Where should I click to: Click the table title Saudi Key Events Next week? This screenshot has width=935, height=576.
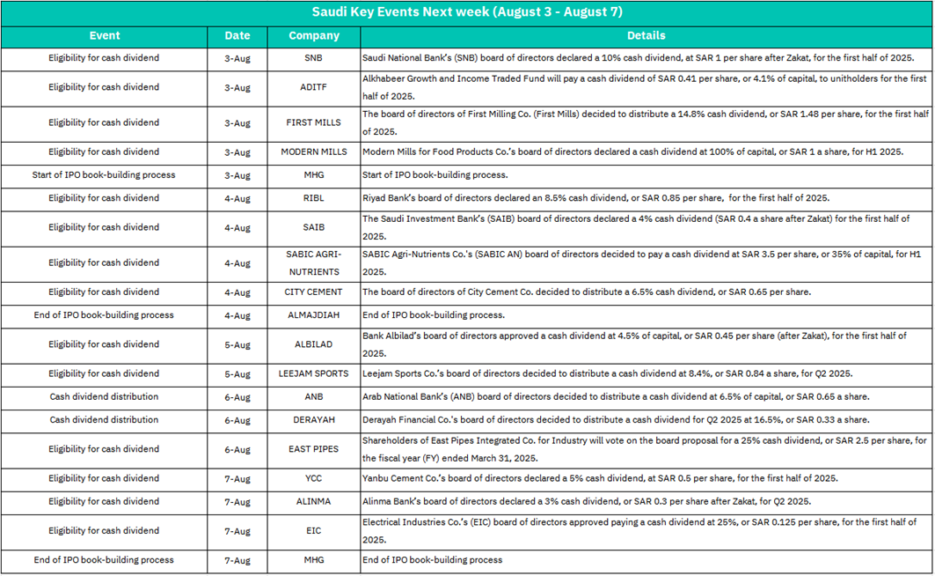pyautogui.click(x=467, y=12)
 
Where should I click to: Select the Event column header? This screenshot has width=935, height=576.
pyautogui.click(x=105, y=36)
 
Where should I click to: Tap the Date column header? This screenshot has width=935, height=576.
pyautogui.click(x=237, y=36)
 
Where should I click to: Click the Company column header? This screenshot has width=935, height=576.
pyautogui.click(x=314, y=36)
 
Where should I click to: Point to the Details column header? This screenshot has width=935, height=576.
pyautogui.click(x=646, y=36)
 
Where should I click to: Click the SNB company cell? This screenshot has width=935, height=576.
pyautogui.click(x=314, y=58)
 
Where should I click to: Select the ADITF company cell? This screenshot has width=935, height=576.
pyautogui.click(x=314, y=87)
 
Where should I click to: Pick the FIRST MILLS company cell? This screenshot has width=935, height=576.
pyautogui.click(x=314, y=122)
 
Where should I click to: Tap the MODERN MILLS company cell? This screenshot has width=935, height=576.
pyautogui.click(x=314, y=151)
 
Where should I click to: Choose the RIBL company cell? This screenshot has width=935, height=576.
pyautogui.click(x=314, y=198)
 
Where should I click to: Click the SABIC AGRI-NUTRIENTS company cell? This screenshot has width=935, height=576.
pyautogui.click(x=314, y=262)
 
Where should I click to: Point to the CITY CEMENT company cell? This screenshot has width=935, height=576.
pyautogui.click(x=314, y=292)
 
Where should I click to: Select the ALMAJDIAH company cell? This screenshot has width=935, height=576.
pyautogui.click(x=314, y=314)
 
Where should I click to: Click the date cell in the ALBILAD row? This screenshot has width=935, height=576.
pyautogui.click(x=237, y=344)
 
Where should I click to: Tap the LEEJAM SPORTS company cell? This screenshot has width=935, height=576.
pyautogui.click(x=314, y=373)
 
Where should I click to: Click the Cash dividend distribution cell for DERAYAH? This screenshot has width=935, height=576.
pyautogui.click(x=105, y=420)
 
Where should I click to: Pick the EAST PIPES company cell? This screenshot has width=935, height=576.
pyautogui.click(x=314, y=449)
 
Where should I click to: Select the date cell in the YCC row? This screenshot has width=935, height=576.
pyautogui.click(x=237, y=478)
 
